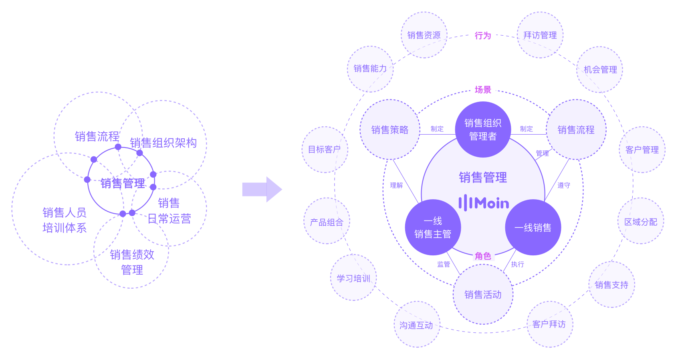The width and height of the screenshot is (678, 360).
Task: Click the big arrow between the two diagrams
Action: pos(262,189)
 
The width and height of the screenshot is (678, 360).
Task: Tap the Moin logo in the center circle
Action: pos(484,203)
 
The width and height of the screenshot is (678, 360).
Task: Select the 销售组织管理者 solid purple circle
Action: pos(483,129)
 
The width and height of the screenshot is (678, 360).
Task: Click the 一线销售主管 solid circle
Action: pos(433,227)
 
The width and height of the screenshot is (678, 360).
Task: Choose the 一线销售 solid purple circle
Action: pos(533,227)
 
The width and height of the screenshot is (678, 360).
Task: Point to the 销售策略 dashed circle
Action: pos(390,129)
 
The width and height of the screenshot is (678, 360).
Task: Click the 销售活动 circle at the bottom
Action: pos(483,295)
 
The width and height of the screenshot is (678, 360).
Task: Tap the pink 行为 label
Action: pos(483,36)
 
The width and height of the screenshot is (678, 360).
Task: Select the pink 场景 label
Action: pos(483,90)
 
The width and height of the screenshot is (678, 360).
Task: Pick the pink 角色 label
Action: pos(483,256)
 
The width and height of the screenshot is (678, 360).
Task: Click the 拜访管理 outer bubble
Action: pos(540,35)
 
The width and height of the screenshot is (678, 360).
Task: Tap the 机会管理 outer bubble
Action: pos(600,70)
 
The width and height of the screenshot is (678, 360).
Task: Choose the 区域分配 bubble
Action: pos(641,221)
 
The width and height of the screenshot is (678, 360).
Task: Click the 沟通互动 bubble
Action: pos(417,325)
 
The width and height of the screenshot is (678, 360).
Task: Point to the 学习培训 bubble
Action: pos(353,278)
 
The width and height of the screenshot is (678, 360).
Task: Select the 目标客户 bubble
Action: pos(325,150)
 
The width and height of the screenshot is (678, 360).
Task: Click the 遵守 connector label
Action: pos(564,185)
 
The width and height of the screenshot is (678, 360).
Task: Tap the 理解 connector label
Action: pos(396,185)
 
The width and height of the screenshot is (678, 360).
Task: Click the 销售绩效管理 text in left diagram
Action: pos(132,262)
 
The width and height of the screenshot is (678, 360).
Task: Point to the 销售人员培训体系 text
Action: pos(65,220)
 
